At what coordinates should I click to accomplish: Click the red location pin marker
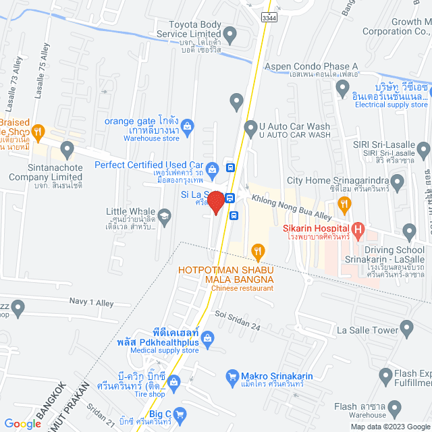click(215, 202)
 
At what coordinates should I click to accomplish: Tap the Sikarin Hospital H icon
click(358, 230)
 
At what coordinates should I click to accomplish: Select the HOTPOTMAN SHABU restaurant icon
click(257, 252)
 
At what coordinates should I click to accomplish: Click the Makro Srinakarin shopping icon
click(232, 375)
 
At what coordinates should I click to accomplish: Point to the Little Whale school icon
click(163, 217)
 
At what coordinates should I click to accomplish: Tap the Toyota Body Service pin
click(230, 34)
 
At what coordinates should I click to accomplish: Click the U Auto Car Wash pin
click(250, 126)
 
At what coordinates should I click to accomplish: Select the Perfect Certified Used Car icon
click(212, 167)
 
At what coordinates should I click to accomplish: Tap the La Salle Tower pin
click(406, 329)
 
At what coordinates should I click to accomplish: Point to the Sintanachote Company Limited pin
click(67, 148)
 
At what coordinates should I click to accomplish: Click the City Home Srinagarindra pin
click(397, 181)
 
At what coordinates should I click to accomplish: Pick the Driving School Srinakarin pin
click(409, 232)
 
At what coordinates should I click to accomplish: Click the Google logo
click(24, 423)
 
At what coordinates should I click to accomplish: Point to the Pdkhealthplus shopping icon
click(208, 336)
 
